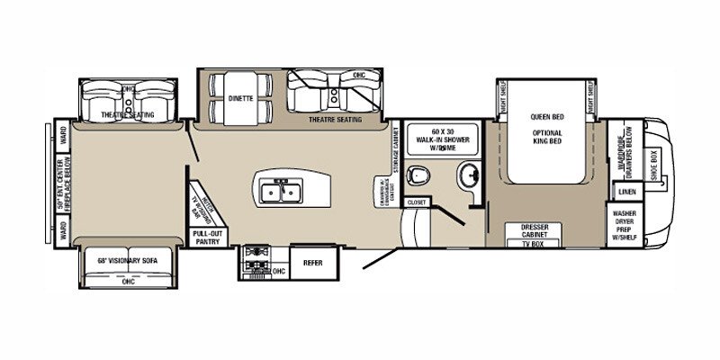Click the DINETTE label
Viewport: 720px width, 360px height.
coord(239,97)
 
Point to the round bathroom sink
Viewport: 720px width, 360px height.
coord(467,175)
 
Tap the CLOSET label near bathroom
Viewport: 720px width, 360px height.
coord(416,203)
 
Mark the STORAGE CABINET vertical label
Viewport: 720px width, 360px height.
coord(396,149)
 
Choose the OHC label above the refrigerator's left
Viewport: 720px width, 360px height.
coord(278,271)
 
